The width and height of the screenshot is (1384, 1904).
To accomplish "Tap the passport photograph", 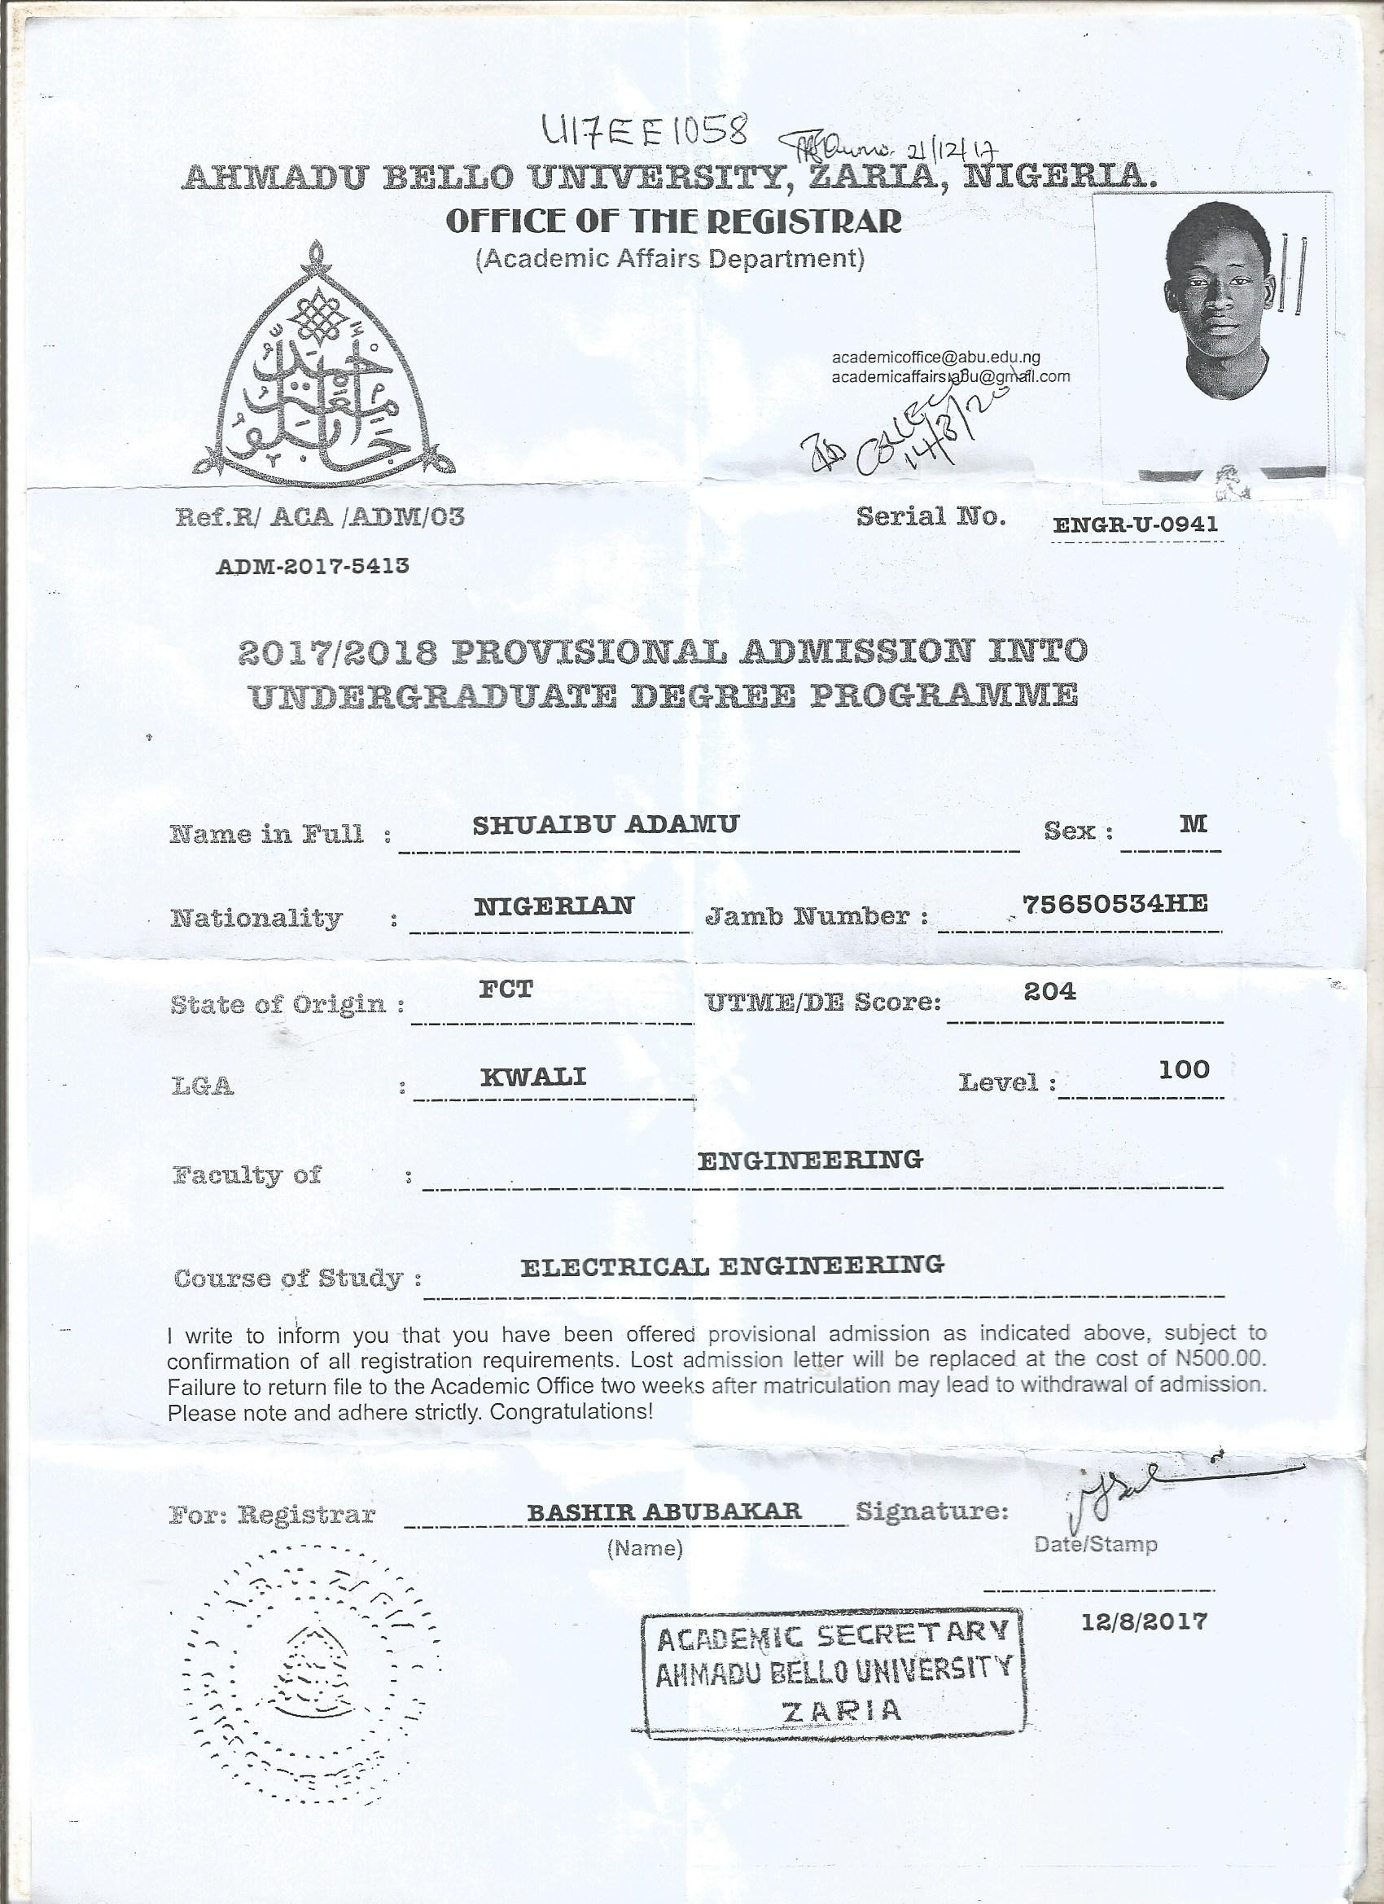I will point(1214,336).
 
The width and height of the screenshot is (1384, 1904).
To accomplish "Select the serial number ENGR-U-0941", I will point(1135,524).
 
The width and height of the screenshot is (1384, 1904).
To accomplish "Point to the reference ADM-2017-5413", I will point(313,565).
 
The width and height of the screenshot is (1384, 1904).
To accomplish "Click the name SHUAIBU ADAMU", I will point(605,824).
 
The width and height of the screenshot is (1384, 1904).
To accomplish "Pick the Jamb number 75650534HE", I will point(1115,903).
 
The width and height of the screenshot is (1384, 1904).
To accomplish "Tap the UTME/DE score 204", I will point(1049,991).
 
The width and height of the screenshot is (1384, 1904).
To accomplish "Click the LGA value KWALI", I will point(533,1077).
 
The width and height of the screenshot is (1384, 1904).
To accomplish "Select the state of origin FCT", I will point(506,989).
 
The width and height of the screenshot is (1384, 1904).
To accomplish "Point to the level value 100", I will point(1184,1069).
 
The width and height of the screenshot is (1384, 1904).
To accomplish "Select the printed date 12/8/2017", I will point(1144,1621).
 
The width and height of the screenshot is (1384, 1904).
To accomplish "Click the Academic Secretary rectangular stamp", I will point(833,1671).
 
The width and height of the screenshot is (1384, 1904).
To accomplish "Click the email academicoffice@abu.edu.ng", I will point(935,358).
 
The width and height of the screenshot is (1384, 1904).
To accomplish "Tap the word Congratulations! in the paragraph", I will point(571,1412).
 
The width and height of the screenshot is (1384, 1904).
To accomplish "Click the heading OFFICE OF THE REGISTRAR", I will point(674,221).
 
